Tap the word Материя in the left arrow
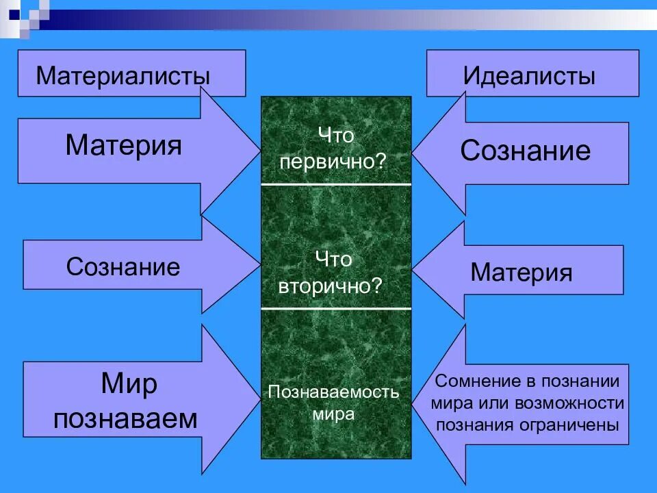(124, 145)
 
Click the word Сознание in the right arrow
(525, 151)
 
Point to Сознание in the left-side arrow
(123, 266)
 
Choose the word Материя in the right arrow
(521, 273)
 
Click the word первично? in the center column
(336, 162)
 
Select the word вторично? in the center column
(336, 286)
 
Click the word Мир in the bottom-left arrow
(129, 384)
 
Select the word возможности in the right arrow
(576, 403)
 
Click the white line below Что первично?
(336, 184)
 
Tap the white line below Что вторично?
(336, 308)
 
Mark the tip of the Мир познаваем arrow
(259, 399)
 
